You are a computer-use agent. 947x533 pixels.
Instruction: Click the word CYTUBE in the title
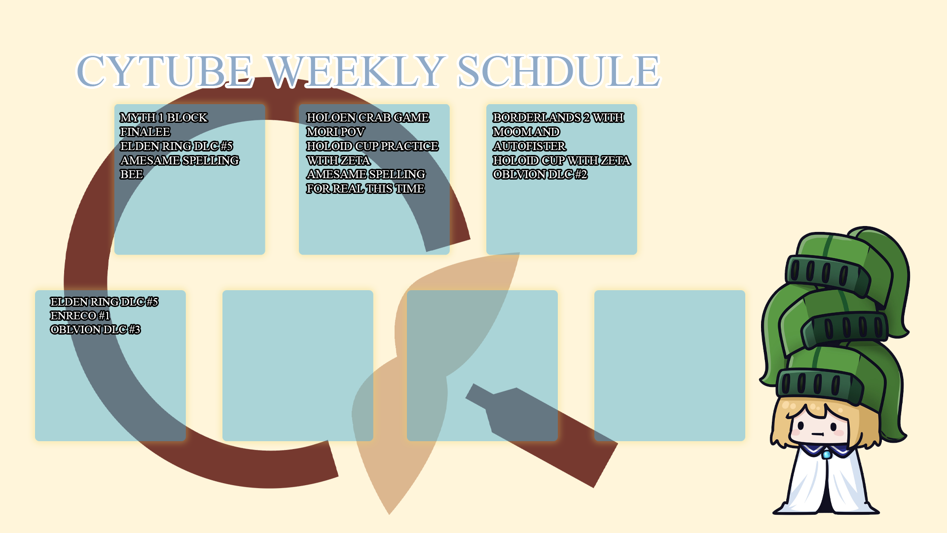(x=165, y=71)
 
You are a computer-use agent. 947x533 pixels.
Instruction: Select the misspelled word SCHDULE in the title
(x=558, y=71)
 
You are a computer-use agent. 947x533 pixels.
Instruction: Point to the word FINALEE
(x=145, y=132)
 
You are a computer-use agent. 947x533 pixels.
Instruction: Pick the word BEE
(x=131, y=174)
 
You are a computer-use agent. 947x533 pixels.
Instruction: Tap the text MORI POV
(x=335, y=132)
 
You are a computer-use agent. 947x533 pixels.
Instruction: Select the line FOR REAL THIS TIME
(x=365, y=189)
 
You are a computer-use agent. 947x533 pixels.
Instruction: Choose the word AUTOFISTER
(x=529, y=146)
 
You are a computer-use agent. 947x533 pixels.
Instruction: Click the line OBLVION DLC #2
(x=540, y=174)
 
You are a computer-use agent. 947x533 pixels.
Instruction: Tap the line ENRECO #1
(x=80, y=315)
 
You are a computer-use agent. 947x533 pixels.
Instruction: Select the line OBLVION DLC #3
(x=95, y=329)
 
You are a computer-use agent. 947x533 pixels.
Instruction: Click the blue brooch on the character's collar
(x=826, y=455)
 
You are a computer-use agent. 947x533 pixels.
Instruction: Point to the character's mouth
(x=817, y=434)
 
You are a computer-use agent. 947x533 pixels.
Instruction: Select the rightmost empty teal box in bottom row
(x=670, y=366)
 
